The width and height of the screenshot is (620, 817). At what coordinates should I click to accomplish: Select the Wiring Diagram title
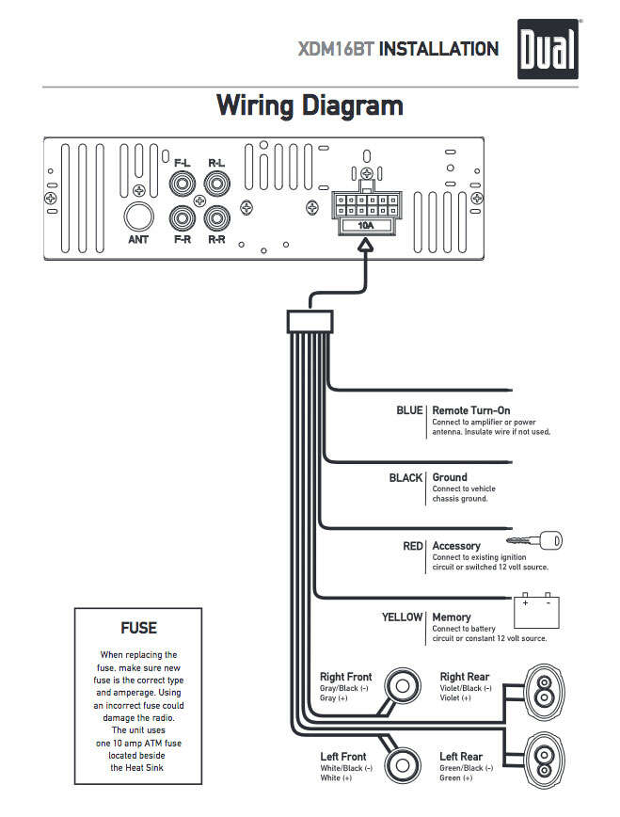[310, 104]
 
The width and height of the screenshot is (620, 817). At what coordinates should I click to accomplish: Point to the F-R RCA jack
[183, 219]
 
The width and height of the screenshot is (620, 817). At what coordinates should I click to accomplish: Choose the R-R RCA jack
[217, 219]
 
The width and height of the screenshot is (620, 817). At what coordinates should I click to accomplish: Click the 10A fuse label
[364, 226]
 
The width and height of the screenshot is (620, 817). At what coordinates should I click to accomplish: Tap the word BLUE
[409, 411]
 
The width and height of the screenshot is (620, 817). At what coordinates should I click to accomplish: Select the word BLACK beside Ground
[405, 478]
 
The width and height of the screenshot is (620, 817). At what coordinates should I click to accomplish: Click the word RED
[413, 546]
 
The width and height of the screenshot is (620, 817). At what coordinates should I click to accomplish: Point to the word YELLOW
[402, 617]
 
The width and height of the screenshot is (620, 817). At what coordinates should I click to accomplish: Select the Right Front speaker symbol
[405, 685]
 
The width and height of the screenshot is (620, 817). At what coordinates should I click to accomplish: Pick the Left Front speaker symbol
[405, 762]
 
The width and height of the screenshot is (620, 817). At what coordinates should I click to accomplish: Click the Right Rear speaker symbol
[543, 691]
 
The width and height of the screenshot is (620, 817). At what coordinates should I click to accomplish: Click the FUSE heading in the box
[138, 628]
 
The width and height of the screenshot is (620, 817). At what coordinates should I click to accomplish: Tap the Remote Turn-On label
[470, 411]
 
